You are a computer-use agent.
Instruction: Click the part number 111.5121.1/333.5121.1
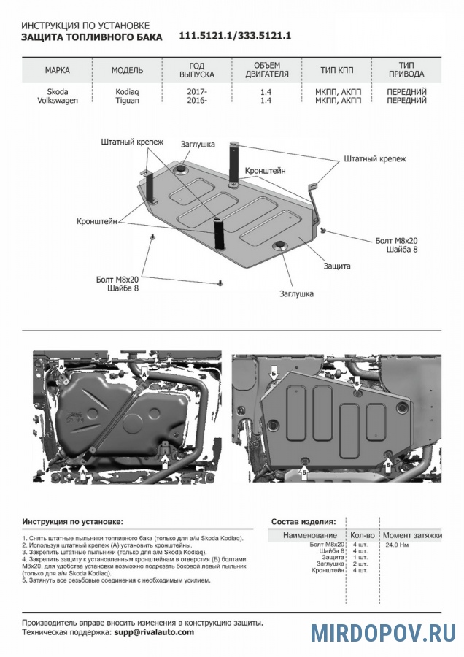(x=235, y=36)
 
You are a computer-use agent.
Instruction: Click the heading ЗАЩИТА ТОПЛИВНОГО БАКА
(x=90, y=36)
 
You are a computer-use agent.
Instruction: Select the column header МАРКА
(x=58, y=71)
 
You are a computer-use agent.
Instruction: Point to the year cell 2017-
(x=196, y=92)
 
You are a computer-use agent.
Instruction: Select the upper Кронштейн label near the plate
(x=265, y=170)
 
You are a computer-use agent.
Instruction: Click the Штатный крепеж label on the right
(x=374, y=158)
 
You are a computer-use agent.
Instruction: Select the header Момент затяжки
(x=412, y=535)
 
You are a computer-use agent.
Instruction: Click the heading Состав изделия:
(x=303, y=522)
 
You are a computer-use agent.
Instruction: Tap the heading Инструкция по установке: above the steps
(x=72, y=522)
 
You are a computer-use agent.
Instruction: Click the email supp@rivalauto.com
(x=153, y=632)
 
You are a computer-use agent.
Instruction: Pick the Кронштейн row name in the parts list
(x=326, y=570)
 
